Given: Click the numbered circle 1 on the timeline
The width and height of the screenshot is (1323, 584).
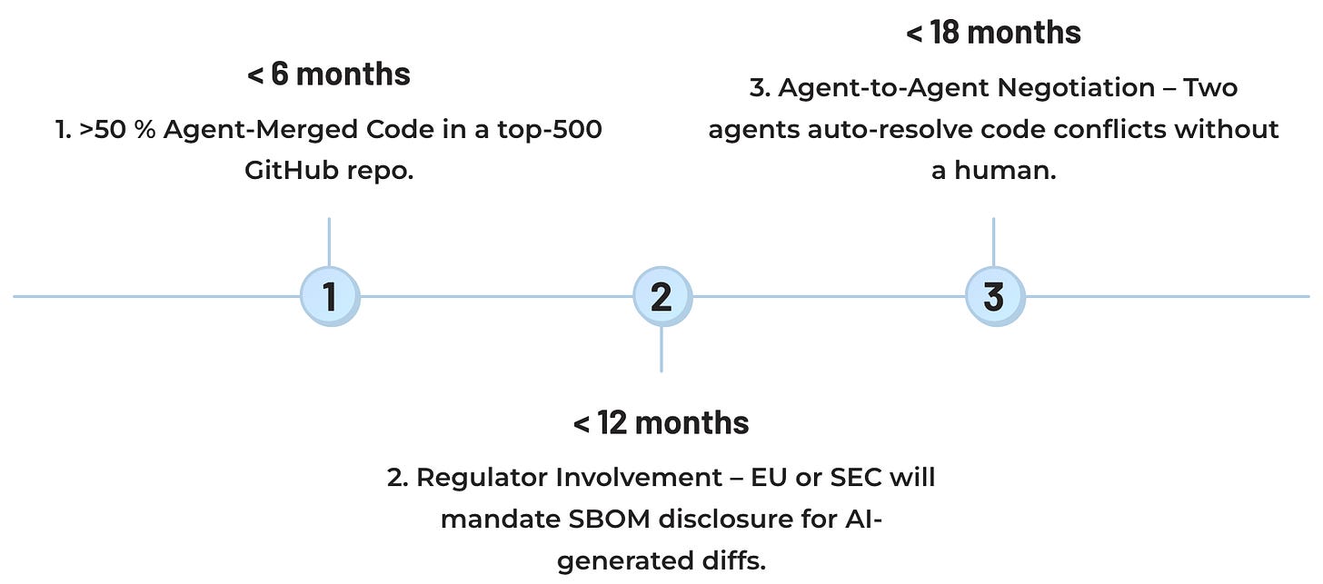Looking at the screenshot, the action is [x=330, y=297].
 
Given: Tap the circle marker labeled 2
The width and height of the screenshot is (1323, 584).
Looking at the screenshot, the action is [x=661, y=297].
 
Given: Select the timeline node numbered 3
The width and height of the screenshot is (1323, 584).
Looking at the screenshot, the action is [x=994, y=297].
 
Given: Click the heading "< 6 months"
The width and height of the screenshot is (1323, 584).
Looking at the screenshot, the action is [x=329, y=74].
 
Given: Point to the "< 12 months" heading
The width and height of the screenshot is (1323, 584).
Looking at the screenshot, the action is [x=661, y=422].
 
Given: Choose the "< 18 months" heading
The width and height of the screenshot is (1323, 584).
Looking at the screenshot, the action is [x=993, y=33].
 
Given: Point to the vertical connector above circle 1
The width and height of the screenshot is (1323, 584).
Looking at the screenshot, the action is [x=329, y=243].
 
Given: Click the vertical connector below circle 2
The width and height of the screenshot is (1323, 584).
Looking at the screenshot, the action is [x=661, y=350].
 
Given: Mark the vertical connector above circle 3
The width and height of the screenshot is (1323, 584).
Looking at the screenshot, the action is [x=993, y=243].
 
